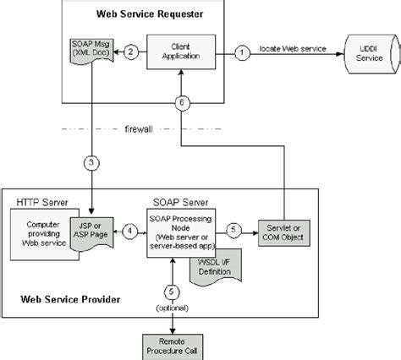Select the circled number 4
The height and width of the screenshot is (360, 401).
(129, 229)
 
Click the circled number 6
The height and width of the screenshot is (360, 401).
(180, 102)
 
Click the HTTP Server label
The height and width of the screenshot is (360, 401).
(41, 204)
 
